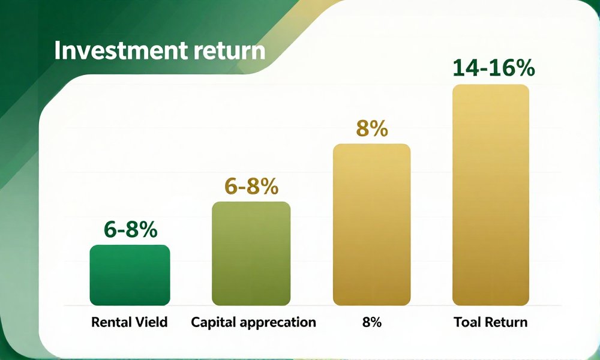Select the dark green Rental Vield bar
pos(130,275)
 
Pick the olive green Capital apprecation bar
pos(251,254)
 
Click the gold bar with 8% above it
pos(371,224)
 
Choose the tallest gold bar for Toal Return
pos(491,195)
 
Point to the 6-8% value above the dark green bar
pos(130,230)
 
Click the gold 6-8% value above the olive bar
pos(251,187)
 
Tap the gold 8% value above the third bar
pos(372,129)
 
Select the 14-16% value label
pos(494,68)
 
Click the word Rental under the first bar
pos(108,322)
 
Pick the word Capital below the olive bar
pos(214,322)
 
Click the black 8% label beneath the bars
pos(371,322)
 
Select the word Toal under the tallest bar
pos(466,322)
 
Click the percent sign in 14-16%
pos(524,68)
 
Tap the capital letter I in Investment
pos(58,50)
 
